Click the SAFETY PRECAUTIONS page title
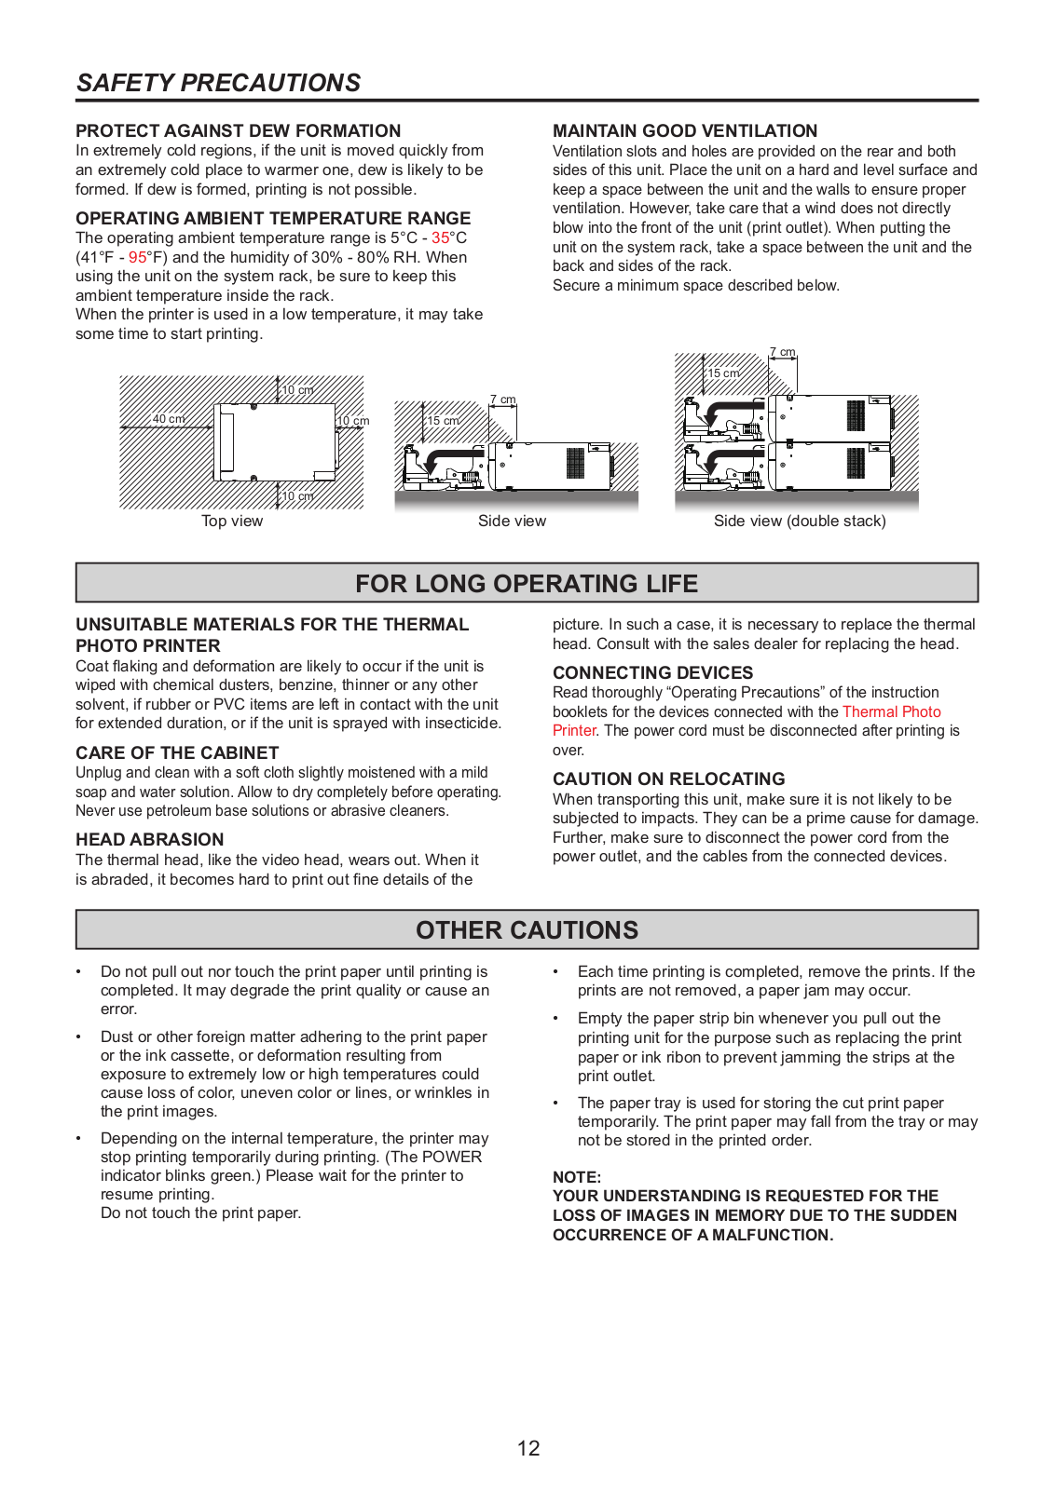pos(218,83)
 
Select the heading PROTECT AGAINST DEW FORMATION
pos(238,131)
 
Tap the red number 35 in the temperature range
pos(441,238)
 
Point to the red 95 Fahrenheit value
pos(138,258)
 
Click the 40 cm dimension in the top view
pos(169,419)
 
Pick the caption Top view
pos(232,521)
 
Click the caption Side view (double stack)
pos(800,521)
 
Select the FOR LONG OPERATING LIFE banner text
pos(527,584)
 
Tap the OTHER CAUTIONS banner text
pos(527,930)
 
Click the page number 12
pos(528,1448)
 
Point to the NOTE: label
pos(577,1177)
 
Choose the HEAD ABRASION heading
pos(150,840)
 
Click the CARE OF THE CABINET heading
pos(177,753)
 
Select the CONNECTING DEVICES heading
pos(652,673)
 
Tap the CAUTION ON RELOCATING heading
pos(668,779)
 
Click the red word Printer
pos(574,731)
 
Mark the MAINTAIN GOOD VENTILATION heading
pos(685,131)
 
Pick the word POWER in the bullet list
pos(452,1158)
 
